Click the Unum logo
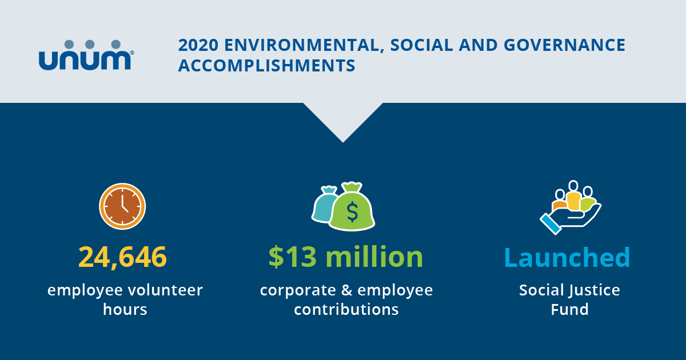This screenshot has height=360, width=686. point(86,55)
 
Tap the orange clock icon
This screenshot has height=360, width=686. point(122,206)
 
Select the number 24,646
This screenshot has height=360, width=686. point(122,257)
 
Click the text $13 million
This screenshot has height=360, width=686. point(346,257)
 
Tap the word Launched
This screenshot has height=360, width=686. point(567,257)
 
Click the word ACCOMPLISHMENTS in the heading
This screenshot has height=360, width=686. point(266,65)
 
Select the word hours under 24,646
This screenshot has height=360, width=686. point(125,310)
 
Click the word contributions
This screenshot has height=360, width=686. point(346,310)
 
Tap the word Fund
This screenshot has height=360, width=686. point(569,310)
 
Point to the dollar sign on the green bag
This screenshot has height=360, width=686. point(352,212)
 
